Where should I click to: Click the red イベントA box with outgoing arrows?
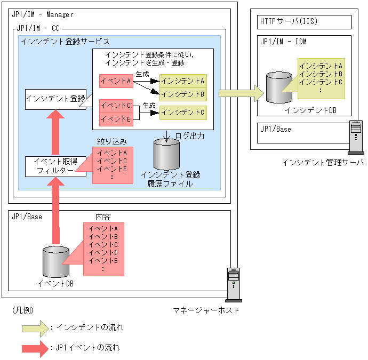pos(116,81)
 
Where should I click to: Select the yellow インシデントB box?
pos(183,94)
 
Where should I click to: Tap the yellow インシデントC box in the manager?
pos(183,113)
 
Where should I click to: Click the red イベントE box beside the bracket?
pos(116,119)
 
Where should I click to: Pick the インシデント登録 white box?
pos(55,99)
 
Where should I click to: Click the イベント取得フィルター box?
pos(55,166)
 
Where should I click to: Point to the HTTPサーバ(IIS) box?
pos(305,22)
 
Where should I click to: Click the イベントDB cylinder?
pos(56,262)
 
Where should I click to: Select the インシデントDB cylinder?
pos(279,87)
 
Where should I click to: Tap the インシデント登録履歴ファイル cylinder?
pos(166,155)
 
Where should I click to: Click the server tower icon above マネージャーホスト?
pos(234,285)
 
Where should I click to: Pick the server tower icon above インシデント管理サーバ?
pos(356,137)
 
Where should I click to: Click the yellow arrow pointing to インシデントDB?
pos(241,93)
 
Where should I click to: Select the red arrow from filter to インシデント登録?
pos(55,132)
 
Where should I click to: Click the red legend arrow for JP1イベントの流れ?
pos(35,349)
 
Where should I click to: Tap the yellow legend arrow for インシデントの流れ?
pos(35,329)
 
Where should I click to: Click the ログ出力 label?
pos(190,136)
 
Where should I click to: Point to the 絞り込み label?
pos(112,142)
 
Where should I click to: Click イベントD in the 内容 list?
pos(103,253)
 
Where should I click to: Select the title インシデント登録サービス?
pos(66,42)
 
